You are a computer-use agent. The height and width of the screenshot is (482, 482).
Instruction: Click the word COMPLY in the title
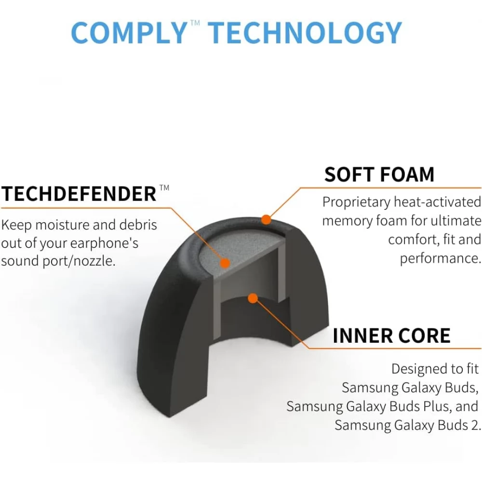click(x=128, y=33)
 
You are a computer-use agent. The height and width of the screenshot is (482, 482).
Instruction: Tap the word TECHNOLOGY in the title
click(x=305, y=33)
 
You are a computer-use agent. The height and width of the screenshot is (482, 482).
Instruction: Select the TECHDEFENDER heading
click(x=79, y=194)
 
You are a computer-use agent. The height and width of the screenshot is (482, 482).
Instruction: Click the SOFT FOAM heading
click(x=379, y=174)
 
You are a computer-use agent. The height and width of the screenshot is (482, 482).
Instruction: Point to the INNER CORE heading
click(x=391, y=336)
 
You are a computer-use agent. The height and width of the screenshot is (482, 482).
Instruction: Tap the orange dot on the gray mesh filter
click(x=224, y=263)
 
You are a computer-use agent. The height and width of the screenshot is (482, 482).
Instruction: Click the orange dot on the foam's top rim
click(x=266, y=220)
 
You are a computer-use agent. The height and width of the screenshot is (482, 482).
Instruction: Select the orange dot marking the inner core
click(x=252, y=298)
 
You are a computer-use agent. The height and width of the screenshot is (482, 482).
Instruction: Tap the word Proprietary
click(x=356, y=202)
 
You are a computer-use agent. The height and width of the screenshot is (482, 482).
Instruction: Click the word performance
click(x=440, y=258)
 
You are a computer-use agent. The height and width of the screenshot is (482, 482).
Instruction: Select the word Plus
click(x=436, y=406)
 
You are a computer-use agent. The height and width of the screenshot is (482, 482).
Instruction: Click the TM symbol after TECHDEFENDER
click(x=164, y=187)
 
